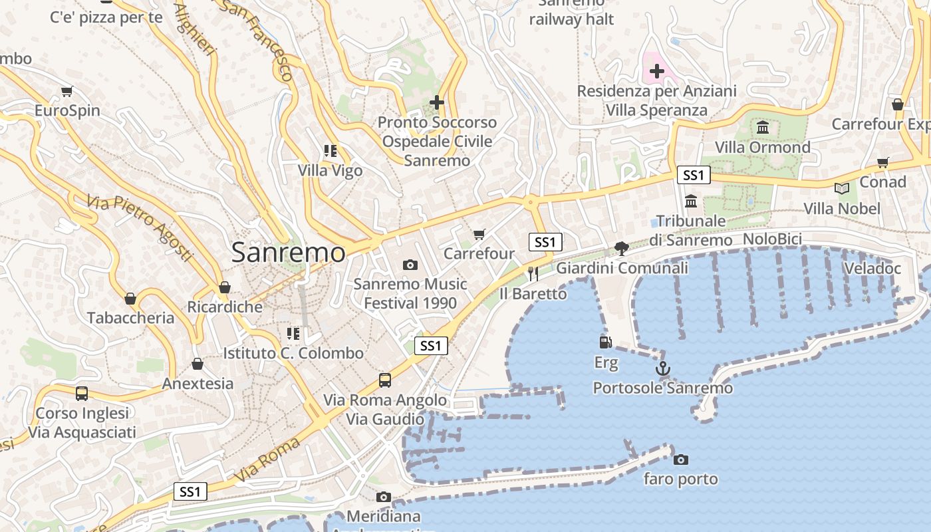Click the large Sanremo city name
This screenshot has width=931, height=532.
point(289,253)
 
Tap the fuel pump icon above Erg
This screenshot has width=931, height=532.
point(606,342)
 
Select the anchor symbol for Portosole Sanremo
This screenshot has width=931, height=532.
point(662,368)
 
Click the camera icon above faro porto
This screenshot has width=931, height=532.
point(680,460)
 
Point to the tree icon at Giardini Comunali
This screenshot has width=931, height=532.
point(622,249)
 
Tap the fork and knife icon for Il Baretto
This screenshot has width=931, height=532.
point(533,273)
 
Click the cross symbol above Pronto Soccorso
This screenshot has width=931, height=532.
point(437,102)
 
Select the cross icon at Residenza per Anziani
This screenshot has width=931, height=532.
point(657,71)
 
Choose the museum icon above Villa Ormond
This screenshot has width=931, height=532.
point(763,127)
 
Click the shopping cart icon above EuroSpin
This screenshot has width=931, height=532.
point(66,91)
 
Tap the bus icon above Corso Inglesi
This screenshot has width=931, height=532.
point(82,394)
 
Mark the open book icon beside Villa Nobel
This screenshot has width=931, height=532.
point(842,189)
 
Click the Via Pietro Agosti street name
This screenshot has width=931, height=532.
point(140,228)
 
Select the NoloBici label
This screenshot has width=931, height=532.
point(772,239)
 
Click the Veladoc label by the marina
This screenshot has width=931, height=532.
point(872,269)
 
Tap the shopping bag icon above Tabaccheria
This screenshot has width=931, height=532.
point(130,299)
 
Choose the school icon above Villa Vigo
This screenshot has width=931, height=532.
point(331,151)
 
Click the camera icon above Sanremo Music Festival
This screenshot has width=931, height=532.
point(410,265)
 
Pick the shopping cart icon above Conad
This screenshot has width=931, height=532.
point(883,162)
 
